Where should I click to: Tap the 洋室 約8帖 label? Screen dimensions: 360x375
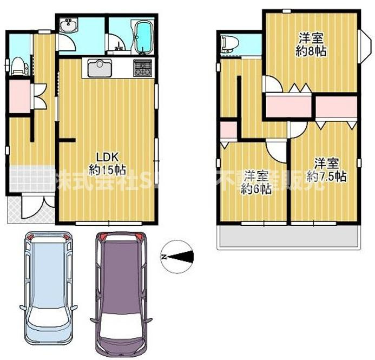311,45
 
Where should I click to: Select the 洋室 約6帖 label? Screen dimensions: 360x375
256,182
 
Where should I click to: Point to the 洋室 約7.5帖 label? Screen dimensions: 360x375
327,169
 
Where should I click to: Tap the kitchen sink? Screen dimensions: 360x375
99,69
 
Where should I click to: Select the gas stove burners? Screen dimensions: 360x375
143,68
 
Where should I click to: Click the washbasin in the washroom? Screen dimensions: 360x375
69,25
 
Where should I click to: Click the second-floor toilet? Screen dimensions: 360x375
229,44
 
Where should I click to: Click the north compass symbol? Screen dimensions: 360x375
177,256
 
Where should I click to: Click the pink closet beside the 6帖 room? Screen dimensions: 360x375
228,130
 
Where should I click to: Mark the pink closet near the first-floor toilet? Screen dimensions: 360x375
19,96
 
